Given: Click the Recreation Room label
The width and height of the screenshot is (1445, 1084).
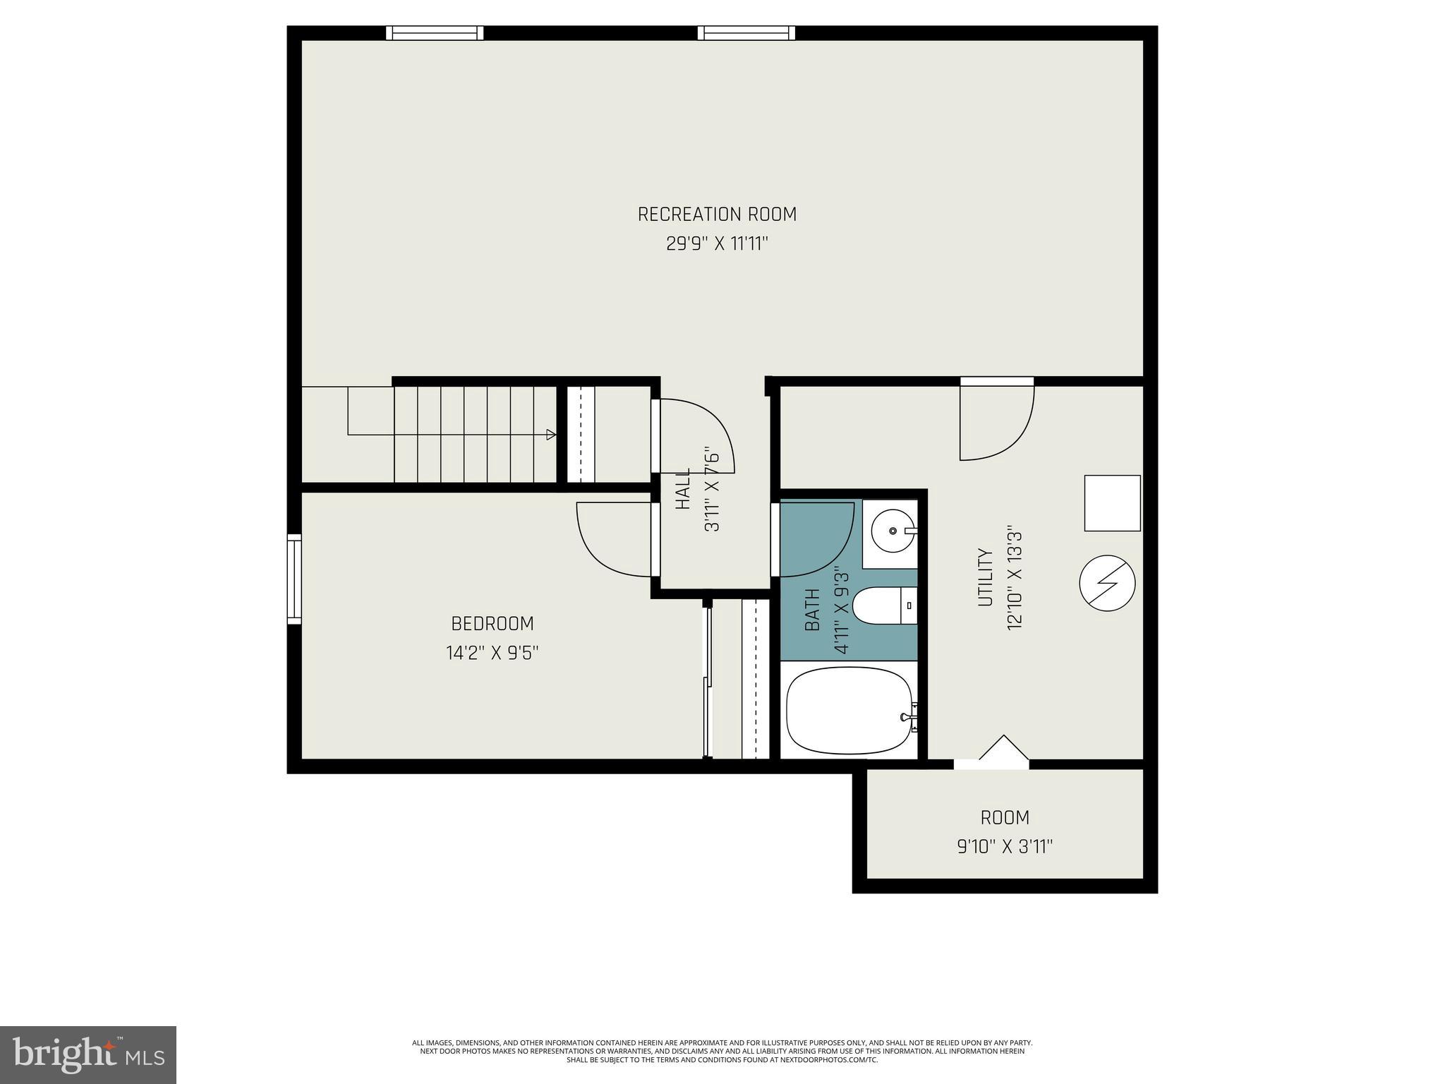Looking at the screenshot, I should pos(717,214).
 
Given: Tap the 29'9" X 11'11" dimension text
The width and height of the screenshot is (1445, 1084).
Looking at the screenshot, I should pos(717,244).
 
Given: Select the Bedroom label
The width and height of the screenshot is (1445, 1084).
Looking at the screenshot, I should pos(492,624).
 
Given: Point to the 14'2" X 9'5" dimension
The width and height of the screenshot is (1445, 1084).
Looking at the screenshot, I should pos(492,654).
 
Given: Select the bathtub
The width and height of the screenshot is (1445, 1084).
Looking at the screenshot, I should pos(850,711).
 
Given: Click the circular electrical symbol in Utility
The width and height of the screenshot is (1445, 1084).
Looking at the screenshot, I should pos(1107,584).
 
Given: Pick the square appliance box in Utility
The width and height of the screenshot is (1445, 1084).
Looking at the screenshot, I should pos(1112,502).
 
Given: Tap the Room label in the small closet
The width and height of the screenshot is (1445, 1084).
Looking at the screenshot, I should pos(1005,818).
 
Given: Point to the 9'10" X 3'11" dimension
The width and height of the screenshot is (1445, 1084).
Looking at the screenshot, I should pos(1005,847).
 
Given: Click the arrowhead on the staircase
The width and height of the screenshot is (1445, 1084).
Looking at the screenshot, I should pos(551,435).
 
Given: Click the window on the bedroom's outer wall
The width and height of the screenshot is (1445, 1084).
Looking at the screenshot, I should pos(294,579).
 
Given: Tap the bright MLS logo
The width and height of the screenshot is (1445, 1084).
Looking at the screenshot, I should pos(88,1054).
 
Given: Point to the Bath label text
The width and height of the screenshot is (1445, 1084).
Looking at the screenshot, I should pos(813,610).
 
